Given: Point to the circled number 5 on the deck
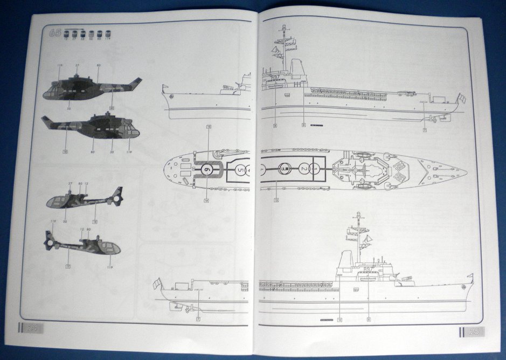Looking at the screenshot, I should point(239,170).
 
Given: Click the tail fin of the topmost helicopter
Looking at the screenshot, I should point(136,84).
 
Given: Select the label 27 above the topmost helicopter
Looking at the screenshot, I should point(78,65).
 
